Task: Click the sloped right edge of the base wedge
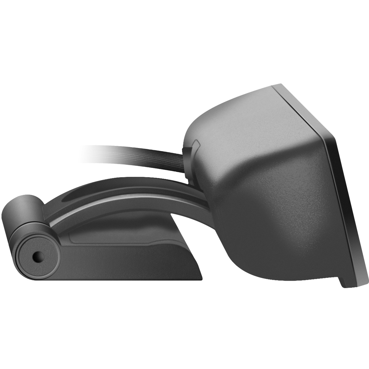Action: click(x=190, y=250)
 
